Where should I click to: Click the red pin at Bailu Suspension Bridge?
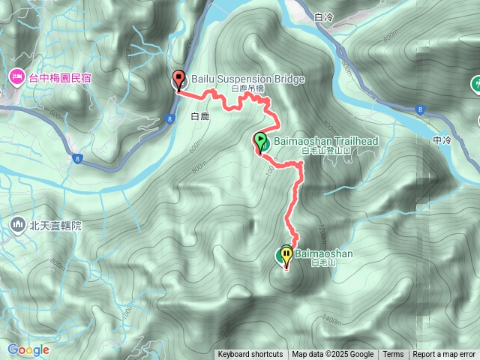point(178,79)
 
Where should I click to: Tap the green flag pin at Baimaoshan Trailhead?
point(260,141)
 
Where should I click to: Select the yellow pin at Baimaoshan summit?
point(286,256)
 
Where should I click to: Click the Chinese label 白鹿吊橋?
point(247,88)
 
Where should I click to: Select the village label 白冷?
point(324,16)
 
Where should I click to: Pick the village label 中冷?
point(442,140)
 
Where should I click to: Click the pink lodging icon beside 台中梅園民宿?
point(16,77)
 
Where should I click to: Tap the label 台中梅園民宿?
point(58,77)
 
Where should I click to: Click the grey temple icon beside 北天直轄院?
point(18,224)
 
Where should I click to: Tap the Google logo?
point(28,349)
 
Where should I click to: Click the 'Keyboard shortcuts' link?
point(250,355)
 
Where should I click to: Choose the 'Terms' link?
point(393,355)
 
